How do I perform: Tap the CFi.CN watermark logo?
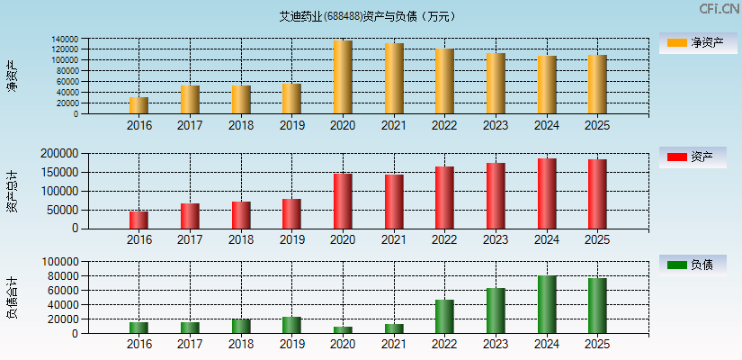719,9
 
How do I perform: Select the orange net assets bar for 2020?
343,77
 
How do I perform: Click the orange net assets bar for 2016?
139,105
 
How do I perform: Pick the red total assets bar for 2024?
547,193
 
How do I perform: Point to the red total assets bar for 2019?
291,213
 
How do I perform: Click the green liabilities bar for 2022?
444,317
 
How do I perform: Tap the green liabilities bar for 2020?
343,329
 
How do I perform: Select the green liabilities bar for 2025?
597,306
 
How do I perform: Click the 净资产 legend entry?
693,42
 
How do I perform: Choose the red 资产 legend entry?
693,157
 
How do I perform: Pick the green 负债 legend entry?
693,265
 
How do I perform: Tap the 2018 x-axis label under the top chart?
240,125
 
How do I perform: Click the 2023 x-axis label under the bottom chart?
496,345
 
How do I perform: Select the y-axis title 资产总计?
12,191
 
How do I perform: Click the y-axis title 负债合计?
12,298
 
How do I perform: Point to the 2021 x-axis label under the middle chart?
393,239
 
